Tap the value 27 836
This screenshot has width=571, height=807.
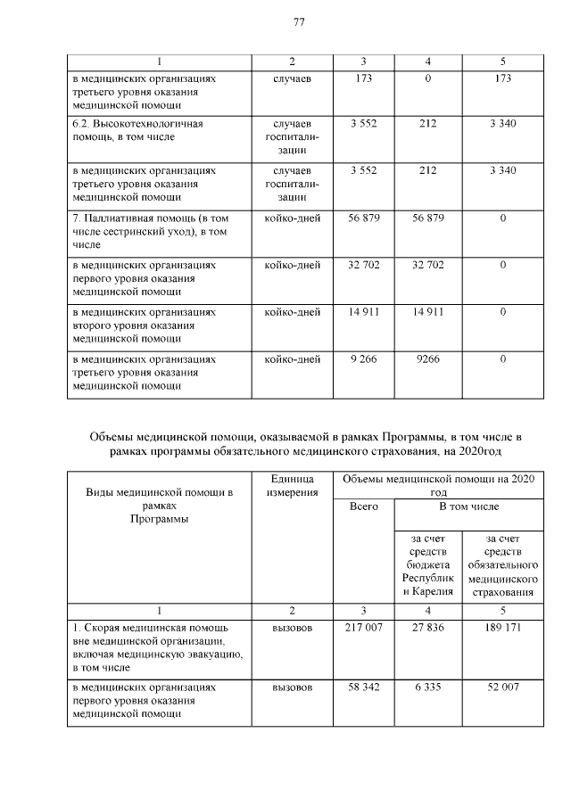pyautogui.click(x=427, y=628)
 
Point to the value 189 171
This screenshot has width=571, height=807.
pyautogui.click(x=503, y=628)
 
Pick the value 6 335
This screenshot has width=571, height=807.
pyautogui.click(x=427, y=688)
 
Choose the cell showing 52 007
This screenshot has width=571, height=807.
pyautogui.click(x=503, y=688)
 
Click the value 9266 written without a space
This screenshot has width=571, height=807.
pyautogui.click(x=427, y=358)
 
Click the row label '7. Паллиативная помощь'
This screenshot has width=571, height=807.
pyautogui.click(x=143, y=231)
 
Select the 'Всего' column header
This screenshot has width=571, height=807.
pyautogui.click(x=363, y=506)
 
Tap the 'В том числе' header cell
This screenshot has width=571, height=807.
pyautogui.click(x=468, y=506)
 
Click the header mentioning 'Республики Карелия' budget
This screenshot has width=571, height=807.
pyautogui.click(x=427, y=564)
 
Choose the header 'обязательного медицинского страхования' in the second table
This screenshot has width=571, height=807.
pyautogui.click(x=503, y=564)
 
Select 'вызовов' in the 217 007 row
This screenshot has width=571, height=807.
pyautogui.click(x=292, y=628)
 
